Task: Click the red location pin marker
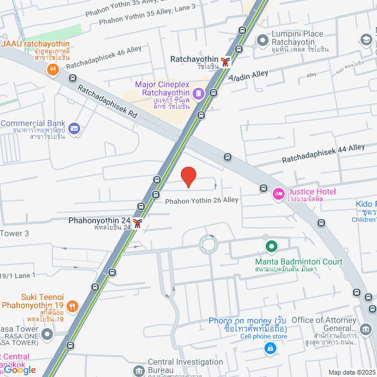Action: tap(188, 176)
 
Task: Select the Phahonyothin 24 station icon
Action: tap(137, 222)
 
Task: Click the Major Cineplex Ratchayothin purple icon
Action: tap(199, 93)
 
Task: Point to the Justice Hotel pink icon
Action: tap(278, 193)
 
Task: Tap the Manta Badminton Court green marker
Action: tap(271, 246)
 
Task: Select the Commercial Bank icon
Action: tap(74, 128)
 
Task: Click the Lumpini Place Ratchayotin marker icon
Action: tap(262, 39)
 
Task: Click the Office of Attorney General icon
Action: tap(366, 328)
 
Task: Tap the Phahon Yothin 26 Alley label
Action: tap(201, 201)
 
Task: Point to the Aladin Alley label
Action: tap(249, 76)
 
